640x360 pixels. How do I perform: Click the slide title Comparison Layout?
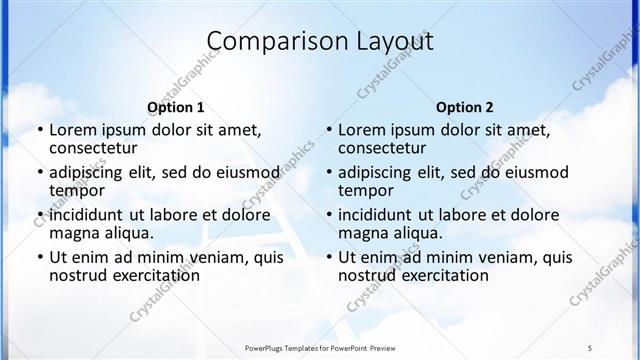(320, 41)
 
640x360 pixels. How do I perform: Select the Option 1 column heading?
(176, 107)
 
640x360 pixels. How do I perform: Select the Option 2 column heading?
(464, 107)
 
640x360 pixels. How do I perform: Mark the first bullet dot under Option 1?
(39, 130)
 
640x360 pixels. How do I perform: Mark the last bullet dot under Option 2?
(328, 257)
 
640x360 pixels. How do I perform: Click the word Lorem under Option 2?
(362, 129)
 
